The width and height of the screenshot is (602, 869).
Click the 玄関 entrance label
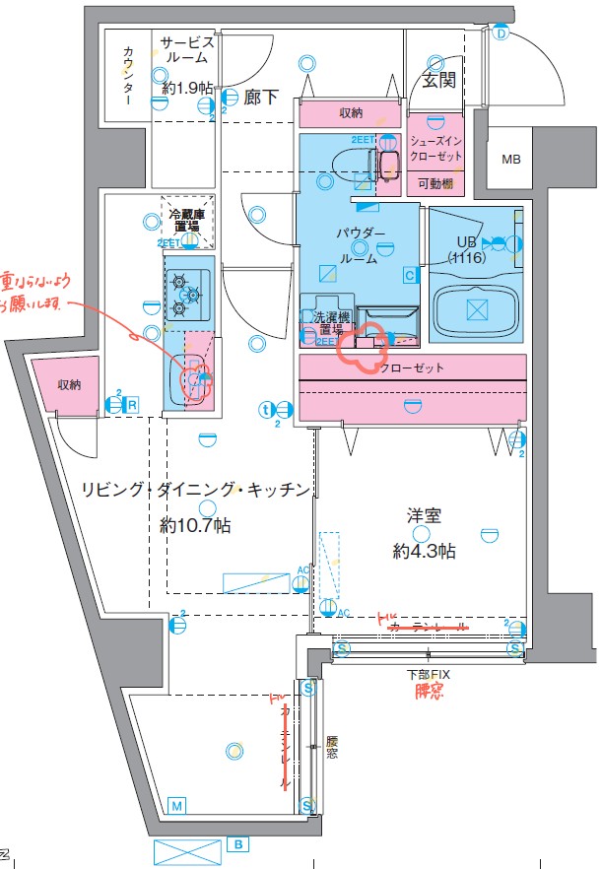(x=438, y=81)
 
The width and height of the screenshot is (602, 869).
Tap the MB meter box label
(x=510, y=160)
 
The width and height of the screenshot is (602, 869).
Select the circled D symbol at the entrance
(x=500, y=34)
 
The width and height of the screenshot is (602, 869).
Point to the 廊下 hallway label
(x=261, y=97)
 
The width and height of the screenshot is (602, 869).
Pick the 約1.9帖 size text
(x=187, y=88)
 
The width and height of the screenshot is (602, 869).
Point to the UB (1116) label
(x=464, y=249)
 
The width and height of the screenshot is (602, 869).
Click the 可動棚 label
(x=435, y=184)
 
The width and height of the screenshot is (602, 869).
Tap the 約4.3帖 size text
(x=424, y=551)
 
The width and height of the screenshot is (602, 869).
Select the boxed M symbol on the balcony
(x=176, y=805)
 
